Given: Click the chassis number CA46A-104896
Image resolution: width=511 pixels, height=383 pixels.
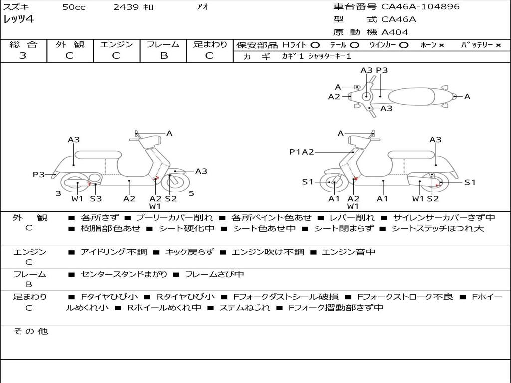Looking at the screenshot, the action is click(x=420, y=6).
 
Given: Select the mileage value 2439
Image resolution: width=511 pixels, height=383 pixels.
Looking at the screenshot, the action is click(x=126, y=7).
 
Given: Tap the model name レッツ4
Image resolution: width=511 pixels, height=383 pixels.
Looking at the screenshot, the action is click(x=18, y=19).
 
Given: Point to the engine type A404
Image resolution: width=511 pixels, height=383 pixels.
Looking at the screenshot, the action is click(x=395, y=32).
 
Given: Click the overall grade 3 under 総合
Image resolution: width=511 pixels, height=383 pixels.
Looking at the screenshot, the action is click(x=23, y=55).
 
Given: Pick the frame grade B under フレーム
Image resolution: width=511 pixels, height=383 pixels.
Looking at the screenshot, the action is click(x=164, y=55).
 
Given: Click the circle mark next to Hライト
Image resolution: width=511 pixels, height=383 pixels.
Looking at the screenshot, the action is click(x=315, y=45).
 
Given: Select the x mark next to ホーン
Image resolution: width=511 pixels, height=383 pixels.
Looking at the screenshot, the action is click(x=441, y=45).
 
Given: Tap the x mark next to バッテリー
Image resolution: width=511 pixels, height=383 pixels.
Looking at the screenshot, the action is click(x=498, y=45).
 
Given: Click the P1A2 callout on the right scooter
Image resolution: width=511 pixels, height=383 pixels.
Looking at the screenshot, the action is click(x=302, y=152).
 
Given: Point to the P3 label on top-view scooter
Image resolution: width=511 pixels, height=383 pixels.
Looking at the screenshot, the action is click(x=382, y=70).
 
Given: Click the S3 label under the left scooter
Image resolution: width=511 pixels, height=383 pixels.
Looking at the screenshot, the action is click(x=96, y=198).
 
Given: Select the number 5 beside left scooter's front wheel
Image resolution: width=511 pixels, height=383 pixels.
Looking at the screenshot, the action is click(x=191, y=193).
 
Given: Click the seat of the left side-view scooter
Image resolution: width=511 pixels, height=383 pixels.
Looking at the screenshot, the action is click(x=98, y=155).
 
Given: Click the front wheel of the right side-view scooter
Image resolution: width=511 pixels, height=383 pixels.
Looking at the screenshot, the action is click(x=333, y=182).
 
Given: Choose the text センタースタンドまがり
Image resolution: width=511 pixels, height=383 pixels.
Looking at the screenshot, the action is click(x=124, y=275).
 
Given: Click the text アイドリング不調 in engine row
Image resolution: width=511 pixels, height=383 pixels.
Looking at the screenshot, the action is click(x=114, y=252).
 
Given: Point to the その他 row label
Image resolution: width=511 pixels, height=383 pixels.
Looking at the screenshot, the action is click(x=30, y=331).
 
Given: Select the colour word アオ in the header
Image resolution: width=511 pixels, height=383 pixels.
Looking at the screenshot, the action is click(x=202, y=7).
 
